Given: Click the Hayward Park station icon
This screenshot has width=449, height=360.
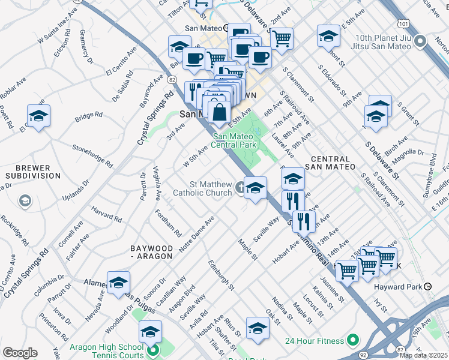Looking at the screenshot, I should (427, 287).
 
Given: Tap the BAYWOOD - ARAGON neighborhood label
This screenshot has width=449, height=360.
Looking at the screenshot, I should (152, 252).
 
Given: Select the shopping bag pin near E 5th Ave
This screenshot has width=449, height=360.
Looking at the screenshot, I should (220, 112).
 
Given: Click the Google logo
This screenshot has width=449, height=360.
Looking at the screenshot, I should (20, 352).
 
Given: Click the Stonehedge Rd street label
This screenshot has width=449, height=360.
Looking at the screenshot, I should (92, 154).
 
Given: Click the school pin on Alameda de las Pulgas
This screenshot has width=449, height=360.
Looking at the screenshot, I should (119, 282).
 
